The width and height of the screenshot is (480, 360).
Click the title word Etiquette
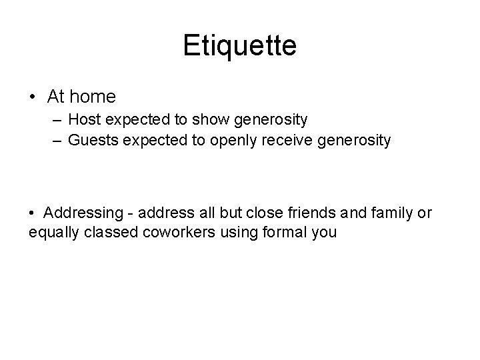click(x=239, y=47)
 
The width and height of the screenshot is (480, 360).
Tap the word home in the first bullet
click(x=92, y=97)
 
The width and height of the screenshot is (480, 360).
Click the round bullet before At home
click(x=33, y=97)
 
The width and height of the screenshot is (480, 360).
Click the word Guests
click(x=89, y=141)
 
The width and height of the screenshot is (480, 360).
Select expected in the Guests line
click(x=145, y=141)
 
